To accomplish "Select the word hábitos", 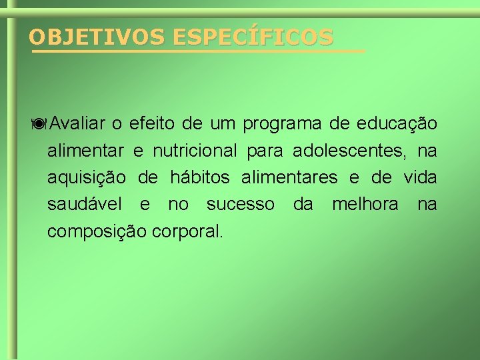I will (200, 177).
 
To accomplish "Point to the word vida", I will (421, 177).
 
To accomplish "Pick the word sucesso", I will (240, 205).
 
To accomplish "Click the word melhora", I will (365, 204).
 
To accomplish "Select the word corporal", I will (188, 232).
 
